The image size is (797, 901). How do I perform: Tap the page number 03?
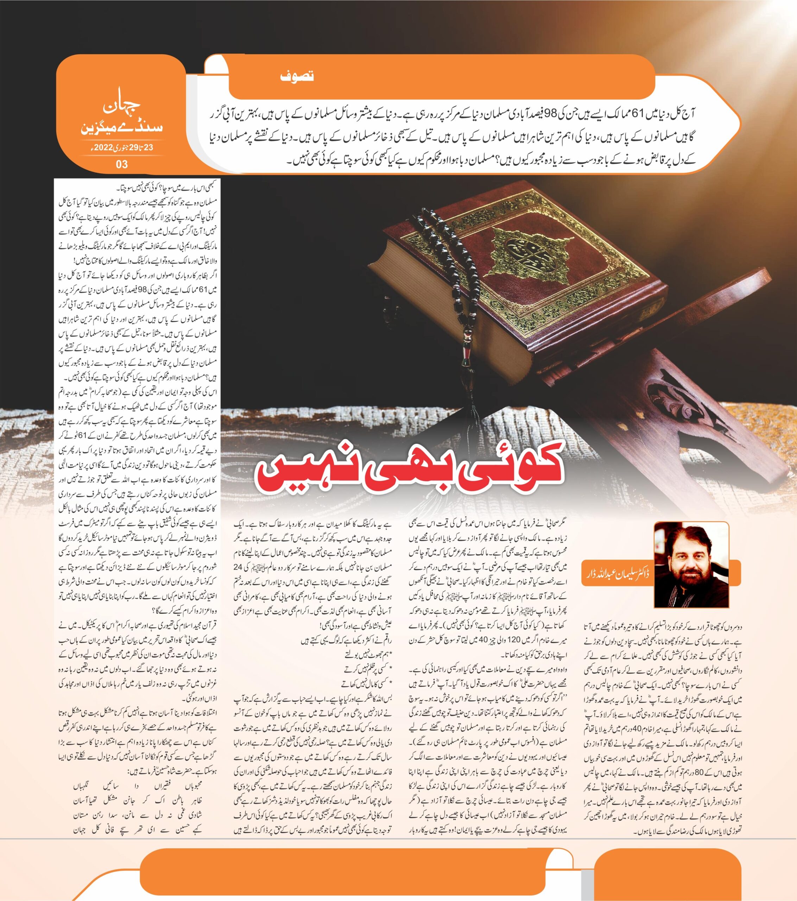point(122,164)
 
